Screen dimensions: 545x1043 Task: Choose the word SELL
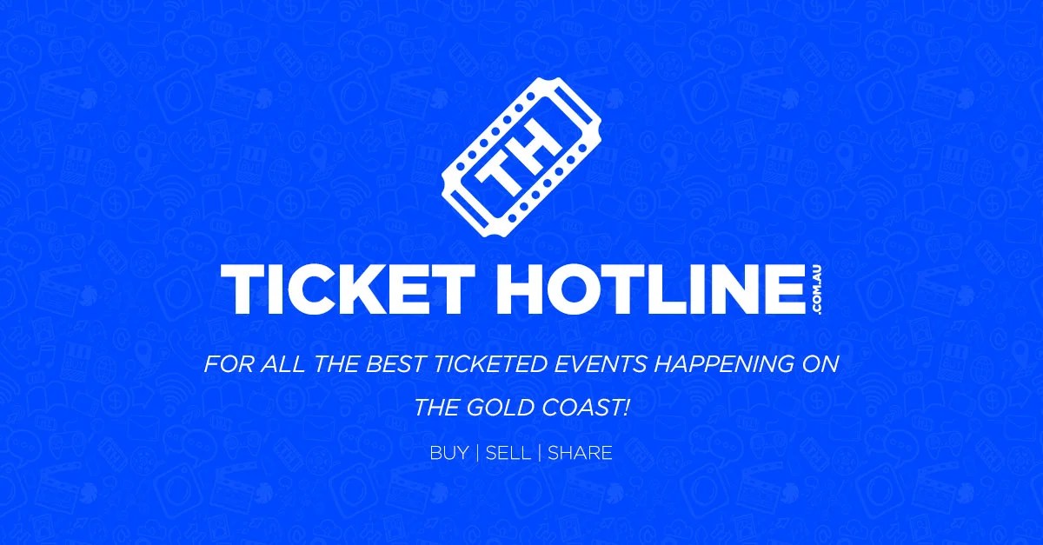[x=508, y=453]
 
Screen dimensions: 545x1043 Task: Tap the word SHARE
[x=580, y=453]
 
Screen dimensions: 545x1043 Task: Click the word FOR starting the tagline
[x=225, y=362]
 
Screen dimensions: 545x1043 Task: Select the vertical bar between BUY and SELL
[x=477, y=453]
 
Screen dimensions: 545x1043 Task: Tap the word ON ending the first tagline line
[x=820, y=362]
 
